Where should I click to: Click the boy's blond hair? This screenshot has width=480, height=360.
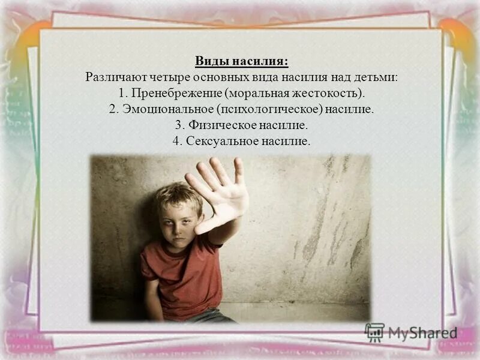[x=178, y=195]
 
